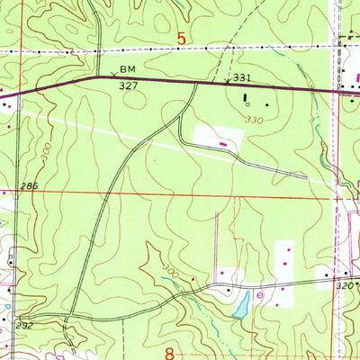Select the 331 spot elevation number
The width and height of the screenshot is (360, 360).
click(242, 78)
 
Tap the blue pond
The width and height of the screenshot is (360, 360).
click(241, 309)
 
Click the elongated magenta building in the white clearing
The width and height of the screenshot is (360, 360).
click(223, 140)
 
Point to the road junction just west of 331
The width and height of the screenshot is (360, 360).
click(196, 83)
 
